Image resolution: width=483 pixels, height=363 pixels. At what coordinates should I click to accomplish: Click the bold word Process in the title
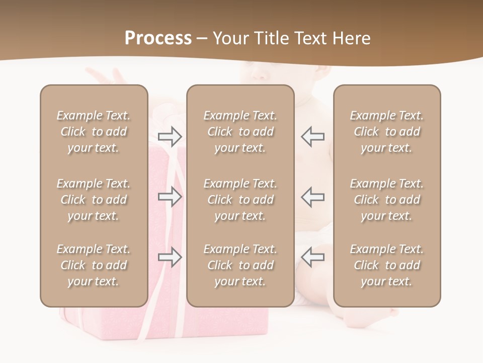click(158, 38)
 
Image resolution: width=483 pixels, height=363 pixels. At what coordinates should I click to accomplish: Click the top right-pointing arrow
click(170, 137)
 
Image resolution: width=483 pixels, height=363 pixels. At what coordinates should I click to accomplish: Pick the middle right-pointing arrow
click(170, 197)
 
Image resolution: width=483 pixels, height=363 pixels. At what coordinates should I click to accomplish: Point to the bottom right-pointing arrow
click(170, 257)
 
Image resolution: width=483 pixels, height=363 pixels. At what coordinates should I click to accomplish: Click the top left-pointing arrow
click(312, 137)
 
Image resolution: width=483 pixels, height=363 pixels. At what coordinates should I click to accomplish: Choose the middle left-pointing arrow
click(312, 197)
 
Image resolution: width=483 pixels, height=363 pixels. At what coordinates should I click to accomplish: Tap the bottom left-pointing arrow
click(312, 257)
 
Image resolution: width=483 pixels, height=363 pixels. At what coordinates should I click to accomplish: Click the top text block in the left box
click(94, 132)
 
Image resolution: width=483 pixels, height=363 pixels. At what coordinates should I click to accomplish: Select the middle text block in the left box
click(94, 200)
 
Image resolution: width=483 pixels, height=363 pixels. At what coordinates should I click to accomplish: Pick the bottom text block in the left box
click(94, 265)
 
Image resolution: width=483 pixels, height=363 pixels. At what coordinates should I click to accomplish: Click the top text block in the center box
click(240, 132)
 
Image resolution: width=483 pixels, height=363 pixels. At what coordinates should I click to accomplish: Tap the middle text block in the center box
click(240, 200)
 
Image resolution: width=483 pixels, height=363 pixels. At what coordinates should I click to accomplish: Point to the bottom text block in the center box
click(240, 265)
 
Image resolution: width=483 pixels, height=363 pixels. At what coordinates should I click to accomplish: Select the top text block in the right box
click(386, 132)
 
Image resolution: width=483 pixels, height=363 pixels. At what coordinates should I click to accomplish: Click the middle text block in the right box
click(386, 200)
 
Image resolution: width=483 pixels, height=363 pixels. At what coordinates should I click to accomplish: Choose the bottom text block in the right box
click(386, 265)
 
